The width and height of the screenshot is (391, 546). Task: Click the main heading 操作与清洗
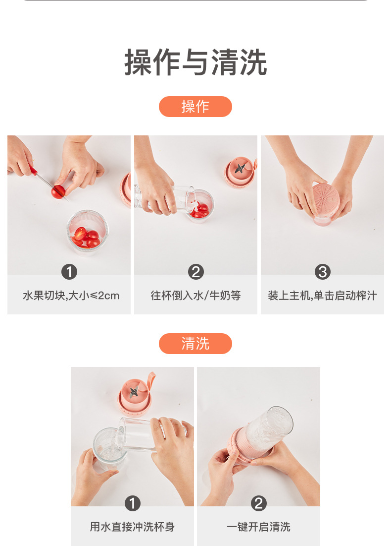click(195, 62)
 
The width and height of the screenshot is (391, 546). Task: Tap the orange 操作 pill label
click(195, 107)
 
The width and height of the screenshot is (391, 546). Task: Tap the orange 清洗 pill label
click(195, 344)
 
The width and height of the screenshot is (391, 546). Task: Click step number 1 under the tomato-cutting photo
click(69, 272)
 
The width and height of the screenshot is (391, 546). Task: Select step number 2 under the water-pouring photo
click(196, 272)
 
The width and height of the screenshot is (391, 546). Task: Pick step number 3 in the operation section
click(322, 272)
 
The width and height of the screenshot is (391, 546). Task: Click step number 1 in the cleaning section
click(132, 504)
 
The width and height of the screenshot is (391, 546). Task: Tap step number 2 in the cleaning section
click(259, 504)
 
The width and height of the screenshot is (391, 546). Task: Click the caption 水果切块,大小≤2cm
click(71, 296)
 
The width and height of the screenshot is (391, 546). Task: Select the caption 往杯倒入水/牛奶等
click(195, 296)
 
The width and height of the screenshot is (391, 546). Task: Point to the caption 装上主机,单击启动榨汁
click(322, 296)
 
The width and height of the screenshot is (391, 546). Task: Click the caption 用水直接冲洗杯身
click(132, 527)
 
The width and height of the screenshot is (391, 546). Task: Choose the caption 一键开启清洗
click(259, 527)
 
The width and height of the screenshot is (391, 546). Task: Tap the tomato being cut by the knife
click(58, 191)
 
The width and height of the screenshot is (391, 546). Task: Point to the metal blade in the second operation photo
click(240, 168)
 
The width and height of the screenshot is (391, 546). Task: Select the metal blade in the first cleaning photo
click(133, 393)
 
